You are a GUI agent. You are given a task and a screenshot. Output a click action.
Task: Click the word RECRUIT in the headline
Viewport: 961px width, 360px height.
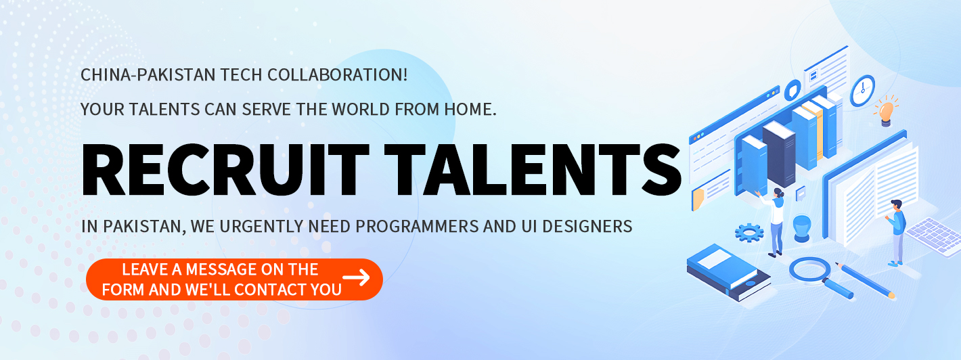[225, 170]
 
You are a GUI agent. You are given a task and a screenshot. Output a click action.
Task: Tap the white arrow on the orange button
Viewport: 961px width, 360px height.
[356, 277]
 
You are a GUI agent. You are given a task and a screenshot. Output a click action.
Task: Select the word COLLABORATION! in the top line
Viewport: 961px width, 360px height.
[337, 74]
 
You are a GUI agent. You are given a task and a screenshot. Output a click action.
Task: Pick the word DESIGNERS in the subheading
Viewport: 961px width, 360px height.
[587, 226]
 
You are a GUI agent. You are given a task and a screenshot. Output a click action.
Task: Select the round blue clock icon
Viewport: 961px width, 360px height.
[862, 90]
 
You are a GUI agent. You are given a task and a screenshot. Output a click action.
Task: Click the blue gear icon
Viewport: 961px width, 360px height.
[749, 233]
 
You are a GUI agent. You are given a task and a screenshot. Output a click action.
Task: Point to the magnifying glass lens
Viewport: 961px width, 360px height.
[809, 269]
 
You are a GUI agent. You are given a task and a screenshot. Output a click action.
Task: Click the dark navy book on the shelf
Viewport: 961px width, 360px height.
[779, 154]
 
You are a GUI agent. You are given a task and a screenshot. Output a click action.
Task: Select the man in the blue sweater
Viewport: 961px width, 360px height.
[896, 232]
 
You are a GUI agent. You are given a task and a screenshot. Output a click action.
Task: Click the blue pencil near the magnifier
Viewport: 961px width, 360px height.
[865, 280]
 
